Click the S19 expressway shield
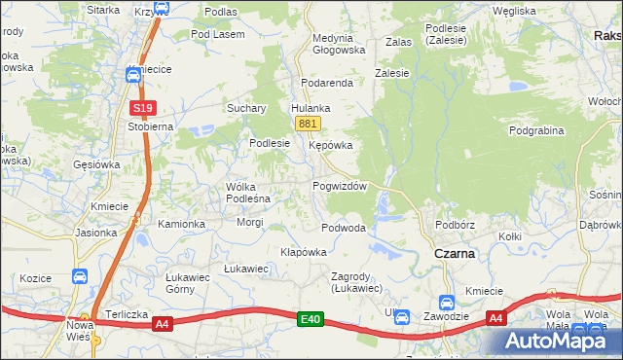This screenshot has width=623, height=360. tap(142, 108)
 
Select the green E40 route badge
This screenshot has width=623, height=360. tap(311, 318)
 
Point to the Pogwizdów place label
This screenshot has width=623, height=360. tap(339, 186)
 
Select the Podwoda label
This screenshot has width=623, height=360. tap(344, 228)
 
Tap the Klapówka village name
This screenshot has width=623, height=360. tap(303, 251)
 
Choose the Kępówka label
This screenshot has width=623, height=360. tap(330, 145)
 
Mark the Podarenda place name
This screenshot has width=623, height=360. tap(327, 84)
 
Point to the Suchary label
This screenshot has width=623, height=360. tap(247, 108)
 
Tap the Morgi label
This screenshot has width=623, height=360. tap(250, 222)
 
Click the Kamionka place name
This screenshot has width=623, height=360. tap(182, 224)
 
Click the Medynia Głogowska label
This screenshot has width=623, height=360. tap(338, 44)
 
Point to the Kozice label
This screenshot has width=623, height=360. tap(35, 278)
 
